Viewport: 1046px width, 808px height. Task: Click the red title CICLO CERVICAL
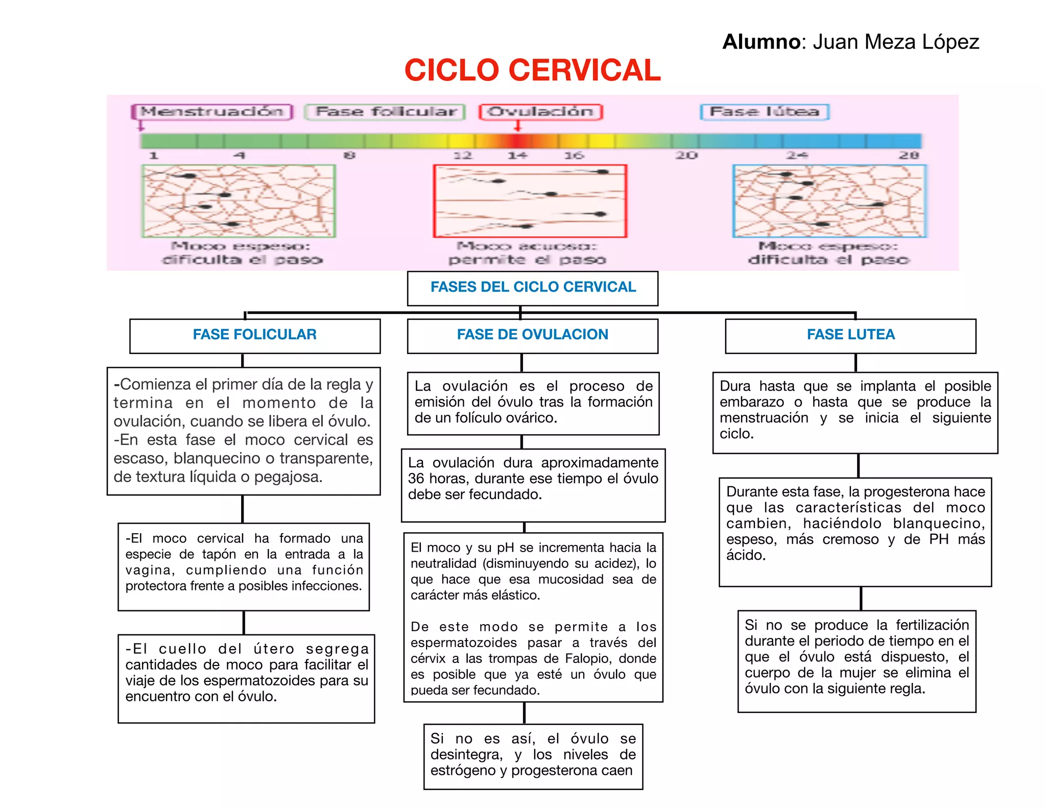coord(532,70)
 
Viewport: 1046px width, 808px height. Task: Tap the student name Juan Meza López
coord(895,42)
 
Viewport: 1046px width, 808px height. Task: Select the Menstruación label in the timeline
coord(211,111)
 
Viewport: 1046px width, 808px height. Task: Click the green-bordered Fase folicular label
coord(385,111)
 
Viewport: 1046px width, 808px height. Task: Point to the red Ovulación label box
coord(541,111)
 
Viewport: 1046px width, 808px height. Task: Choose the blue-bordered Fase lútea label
coord(765,111)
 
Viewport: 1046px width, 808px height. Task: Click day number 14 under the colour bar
coord(517,155)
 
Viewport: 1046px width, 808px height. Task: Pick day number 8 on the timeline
coord(349,155)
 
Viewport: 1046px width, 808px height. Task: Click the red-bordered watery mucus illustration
coord(530,201)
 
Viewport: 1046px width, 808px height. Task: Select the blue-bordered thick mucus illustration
coord(829,201)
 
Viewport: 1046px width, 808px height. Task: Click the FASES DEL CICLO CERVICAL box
coord(533,288)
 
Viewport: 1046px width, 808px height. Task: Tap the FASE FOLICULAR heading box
coord(255,335)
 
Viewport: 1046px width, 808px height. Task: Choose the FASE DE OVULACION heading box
coord(533,335)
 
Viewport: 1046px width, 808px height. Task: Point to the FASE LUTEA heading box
coord(850,335)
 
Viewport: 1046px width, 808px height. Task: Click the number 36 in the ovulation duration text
coord(416,479)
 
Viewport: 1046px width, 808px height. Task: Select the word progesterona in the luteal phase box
coord(900,492)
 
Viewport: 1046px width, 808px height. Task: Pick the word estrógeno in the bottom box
coord(459,771)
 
